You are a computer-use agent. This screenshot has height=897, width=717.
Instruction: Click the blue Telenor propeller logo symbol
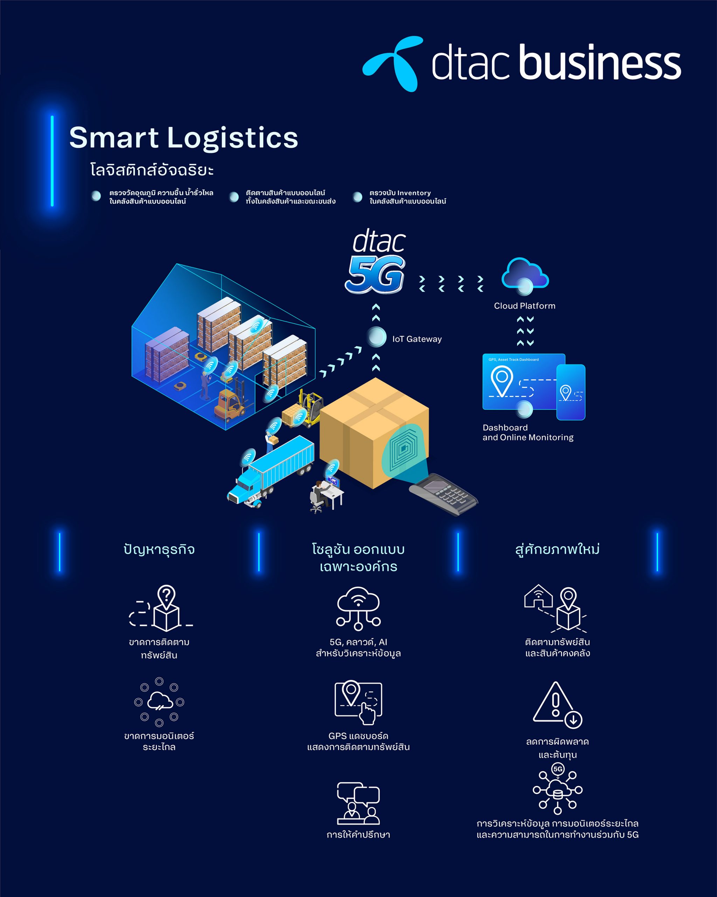[x=393, y=63]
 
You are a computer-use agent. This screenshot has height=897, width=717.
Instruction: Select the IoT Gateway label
[x=417, y=339]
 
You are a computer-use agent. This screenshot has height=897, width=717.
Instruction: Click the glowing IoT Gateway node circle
[x=377, y=337]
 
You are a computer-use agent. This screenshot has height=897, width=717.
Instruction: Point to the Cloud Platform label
[x=524, y=306]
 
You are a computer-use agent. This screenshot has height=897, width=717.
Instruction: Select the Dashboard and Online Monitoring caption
[x=528, y=432]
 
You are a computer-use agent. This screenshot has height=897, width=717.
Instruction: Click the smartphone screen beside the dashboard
[x=571, y=392]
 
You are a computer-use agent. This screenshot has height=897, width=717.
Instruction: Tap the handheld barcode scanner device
[x=443, y=494]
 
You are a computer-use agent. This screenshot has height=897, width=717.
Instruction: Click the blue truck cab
[x=244, y=488]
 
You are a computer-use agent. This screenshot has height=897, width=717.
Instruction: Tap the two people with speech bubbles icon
[x=358, y=803]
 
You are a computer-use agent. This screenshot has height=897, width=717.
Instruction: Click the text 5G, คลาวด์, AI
[x=358, y=642]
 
